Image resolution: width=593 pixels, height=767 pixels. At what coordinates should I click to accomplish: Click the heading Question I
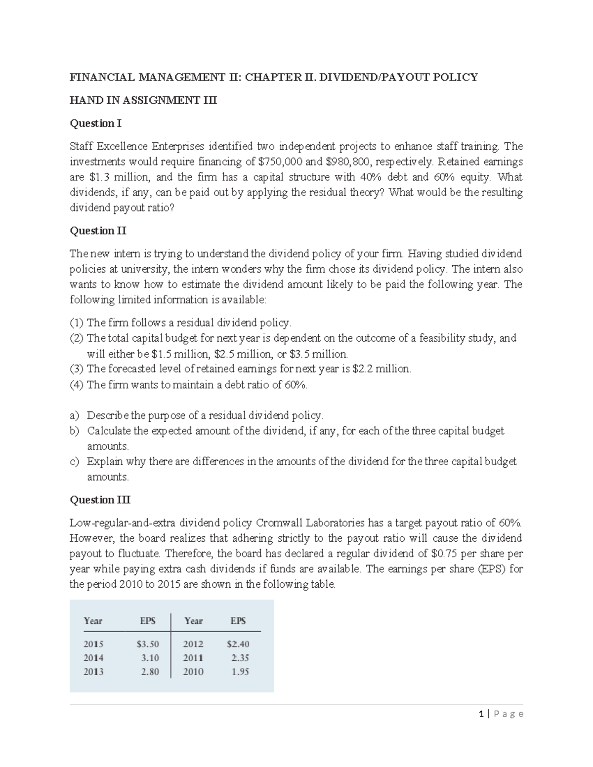pyautogui.click(x=95, y=123)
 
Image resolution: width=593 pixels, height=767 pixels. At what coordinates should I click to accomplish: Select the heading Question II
pyautogui.click(x=98, y=231)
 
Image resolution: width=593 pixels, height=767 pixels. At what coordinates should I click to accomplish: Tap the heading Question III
pyautogui.click(x=100, y=500)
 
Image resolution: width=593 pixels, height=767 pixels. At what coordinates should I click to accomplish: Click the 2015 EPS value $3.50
pyautogui.click(x=148, y=644)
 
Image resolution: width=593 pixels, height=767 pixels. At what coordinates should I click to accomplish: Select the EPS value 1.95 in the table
pyautogui.click(x=240, y=671)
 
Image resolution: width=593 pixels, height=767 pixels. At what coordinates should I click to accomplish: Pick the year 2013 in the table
pyautogui.click(x=93, y=671)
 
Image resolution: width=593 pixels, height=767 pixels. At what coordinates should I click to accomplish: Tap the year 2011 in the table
pyautogui.click(x=193, y=657)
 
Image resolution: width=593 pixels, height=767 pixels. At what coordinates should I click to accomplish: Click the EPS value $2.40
pyautogui.click(x=238, y=644)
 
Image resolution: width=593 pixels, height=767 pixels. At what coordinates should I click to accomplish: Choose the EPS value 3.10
pyautogui.click(x=150, y=657)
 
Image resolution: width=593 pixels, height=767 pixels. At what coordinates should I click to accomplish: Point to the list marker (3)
pyautogui.click(x=77, y=369)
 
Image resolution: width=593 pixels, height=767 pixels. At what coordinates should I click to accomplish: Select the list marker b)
pyautogui.click(x=75, y=431)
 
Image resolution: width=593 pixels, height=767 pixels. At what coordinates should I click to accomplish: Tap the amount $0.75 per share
pyautogui.click(x=444, y=553)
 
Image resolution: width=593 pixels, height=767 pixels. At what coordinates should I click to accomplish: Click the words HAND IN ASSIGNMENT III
pyautogui.click(x=143, y=100)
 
